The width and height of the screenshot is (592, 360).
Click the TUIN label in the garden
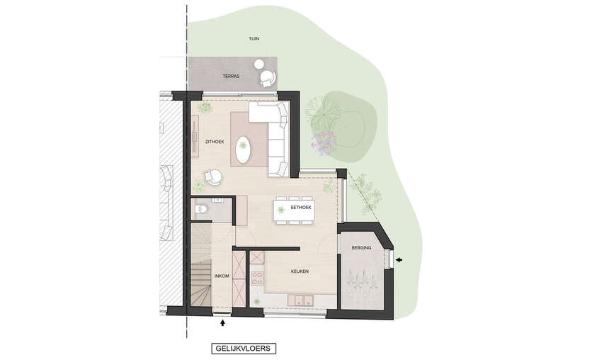tap(254, 38)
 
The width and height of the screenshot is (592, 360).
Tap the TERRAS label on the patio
tap(231, 77)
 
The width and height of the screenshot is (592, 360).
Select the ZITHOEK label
tap(215, 142)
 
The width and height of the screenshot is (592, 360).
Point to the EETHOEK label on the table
tap(301, 208)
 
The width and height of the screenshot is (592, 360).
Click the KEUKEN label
tap(300, 271)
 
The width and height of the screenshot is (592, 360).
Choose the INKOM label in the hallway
tap(222, 276)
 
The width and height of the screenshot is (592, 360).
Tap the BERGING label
tap(361, 248)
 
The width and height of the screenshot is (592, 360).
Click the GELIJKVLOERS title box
tap(244, 348)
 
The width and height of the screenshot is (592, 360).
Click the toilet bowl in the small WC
tap(202, 209)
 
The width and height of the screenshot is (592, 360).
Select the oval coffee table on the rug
tap(243, 150)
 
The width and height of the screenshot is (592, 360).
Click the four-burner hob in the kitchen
tap(257, 278)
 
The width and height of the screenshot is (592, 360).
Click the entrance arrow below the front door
tap(223, 323)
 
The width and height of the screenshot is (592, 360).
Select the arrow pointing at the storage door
tap(399, 260)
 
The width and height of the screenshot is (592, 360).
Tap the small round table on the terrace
tap(259, 64)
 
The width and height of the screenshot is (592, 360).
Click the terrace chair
tap(268, 79)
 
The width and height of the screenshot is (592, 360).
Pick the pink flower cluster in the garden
tap(324, 143)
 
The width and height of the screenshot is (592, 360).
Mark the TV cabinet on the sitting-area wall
tap(195, 135)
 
